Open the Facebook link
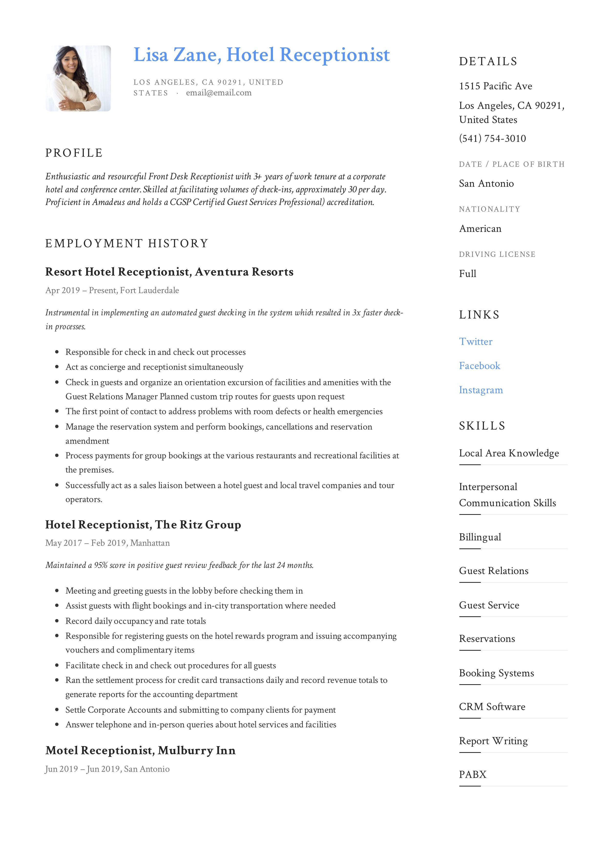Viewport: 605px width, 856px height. click(x=479, y=366)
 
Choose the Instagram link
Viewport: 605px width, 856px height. click(x=481, y=390)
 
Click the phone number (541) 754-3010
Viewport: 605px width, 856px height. click(x=492, y=138)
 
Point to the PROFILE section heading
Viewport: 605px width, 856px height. click(x=74, y=153)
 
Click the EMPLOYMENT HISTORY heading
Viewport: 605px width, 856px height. click(x=126, y=243)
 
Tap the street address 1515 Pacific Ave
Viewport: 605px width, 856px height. click(x=495, y=86)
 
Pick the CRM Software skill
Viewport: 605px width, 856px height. click(x=492, y=707)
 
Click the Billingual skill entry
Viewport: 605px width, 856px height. click(x=480, y=537)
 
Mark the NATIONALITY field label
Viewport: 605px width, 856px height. click(x=489, y=209)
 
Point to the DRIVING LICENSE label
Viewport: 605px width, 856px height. click(x=497, y=254)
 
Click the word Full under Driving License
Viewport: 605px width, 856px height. click(x=467, y=274)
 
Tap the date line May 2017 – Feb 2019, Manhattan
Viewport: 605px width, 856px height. click(x=107, y=543)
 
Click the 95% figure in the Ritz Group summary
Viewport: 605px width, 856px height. click(x=101, y=565)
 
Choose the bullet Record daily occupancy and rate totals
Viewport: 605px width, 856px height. click(x=136, y=621)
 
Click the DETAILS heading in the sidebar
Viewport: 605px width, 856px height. click(x=488, y=62)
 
